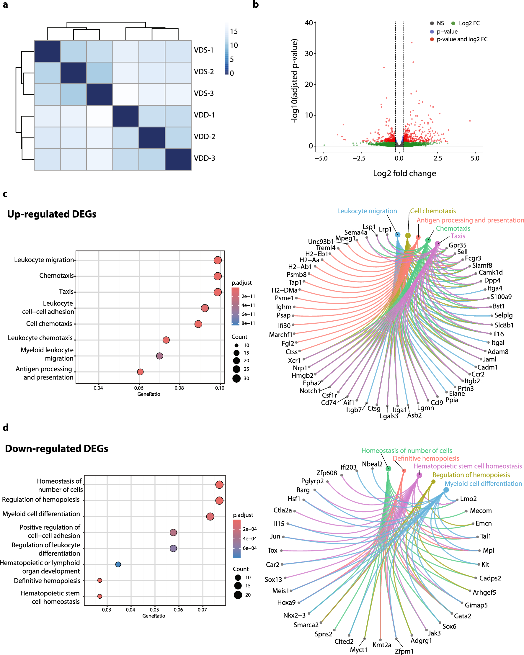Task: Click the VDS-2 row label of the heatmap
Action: [204, 72]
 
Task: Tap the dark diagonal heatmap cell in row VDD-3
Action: [178, 159]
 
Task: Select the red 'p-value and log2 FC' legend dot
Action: [432, 39]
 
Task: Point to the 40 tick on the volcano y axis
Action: [308, 23]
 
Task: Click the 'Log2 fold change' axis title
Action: [404, 173]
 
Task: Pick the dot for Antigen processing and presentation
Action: [140, 372]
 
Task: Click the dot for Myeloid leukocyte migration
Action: [160, 356]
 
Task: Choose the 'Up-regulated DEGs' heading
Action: [52, 214]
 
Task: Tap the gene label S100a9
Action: [501, 297]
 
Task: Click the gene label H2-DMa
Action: [284, 290]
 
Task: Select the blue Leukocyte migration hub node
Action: [398, 235]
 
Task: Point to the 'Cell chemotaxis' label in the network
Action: [433, 211]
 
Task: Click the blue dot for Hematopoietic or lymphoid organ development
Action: [118, 564]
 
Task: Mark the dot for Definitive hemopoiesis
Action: [100, 580]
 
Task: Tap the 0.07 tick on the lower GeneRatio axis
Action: [202, 610]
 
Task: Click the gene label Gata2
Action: [462, 616]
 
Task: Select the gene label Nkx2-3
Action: [294, 615]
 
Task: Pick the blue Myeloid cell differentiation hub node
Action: [446, 490]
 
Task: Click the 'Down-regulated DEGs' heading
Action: [57, 448]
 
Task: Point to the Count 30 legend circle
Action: [236, 378]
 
